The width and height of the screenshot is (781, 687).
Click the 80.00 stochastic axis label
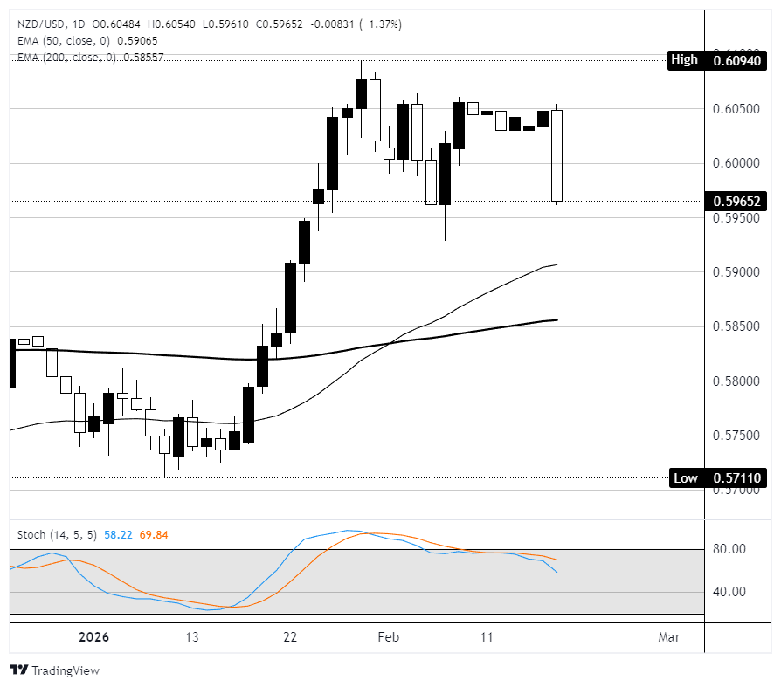click(x=729, y=549)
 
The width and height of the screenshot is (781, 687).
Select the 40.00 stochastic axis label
click(x=729, y=592)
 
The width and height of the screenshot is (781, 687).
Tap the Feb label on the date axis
click(x=388, y=637)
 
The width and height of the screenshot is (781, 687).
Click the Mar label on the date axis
click(x=669, y=637)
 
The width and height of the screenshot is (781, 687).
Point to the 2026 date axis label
click(x=94, y=637)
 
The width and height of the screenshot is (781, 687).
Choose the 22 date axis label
click(x=290, y=637)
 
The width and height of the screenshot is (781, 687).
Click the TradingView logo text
click(x=65, y=670)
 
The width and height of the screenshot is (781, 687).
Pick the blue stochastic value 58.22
click(x=118, y=533)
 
